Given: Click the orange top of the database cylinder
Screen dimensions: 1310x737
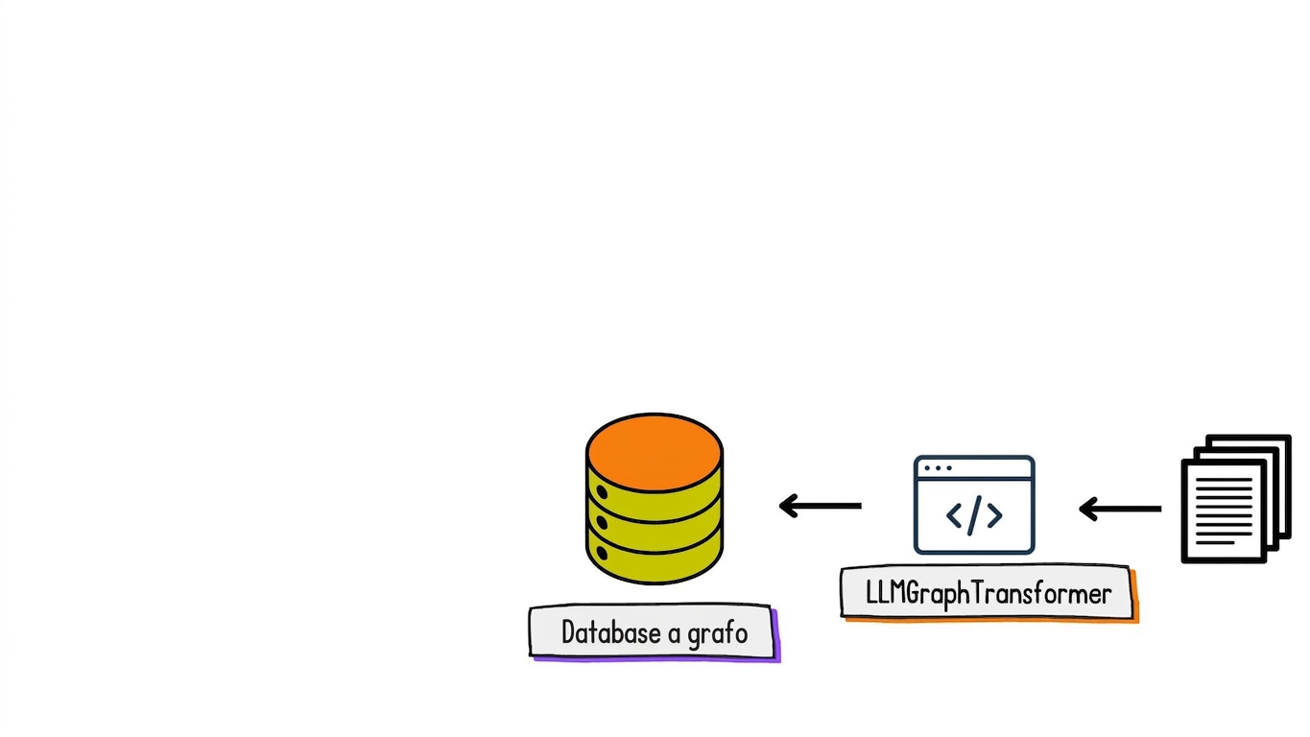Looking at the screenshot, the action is [655, 453].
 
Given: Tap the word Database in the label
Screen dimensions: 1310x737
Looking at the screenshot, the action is [611, 632].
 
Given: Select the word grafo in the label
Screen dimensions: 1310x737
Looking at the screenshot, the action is [718, 634].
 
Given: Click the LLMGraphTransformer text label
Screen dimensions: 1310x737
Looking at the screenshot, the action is [988, 594].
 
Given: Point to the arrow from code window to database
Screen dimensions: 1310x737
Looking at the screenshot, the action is [820, 506].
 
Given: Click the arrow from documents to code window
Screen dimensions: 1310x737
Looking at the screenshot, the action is [1120, 509].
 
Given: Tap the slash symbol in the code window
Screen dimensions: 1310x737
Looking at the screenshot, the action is [974, 515].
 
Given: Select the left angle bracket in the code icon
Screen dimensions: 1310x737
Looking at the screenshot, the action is [954, 516].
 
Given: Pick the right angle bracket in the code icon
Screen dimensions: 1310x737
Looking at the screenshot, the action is [995, 516].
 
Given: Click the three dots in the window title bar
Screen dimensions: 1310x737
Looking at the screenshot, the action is [938, 468].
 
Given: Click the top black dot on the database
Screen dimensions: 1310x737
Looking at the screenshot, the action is [602, 492].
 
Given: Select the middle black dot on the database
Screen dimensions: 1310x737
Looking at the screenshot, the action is [602, 522].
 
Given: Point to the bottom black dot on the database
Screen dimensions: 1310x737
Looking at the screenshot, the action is [602, 553].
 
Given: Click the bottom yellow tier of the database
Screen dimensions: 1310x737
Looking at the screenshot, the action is [655, 561].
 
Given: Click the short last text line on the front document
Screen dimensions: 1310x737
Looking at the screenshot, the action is [1215, 543].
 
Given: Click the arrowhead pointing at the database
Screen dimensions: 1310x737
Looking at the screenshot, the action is [788, 506].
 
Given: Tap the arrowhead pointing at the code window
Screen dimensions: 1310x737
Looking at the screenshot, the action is [1087, 509].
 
